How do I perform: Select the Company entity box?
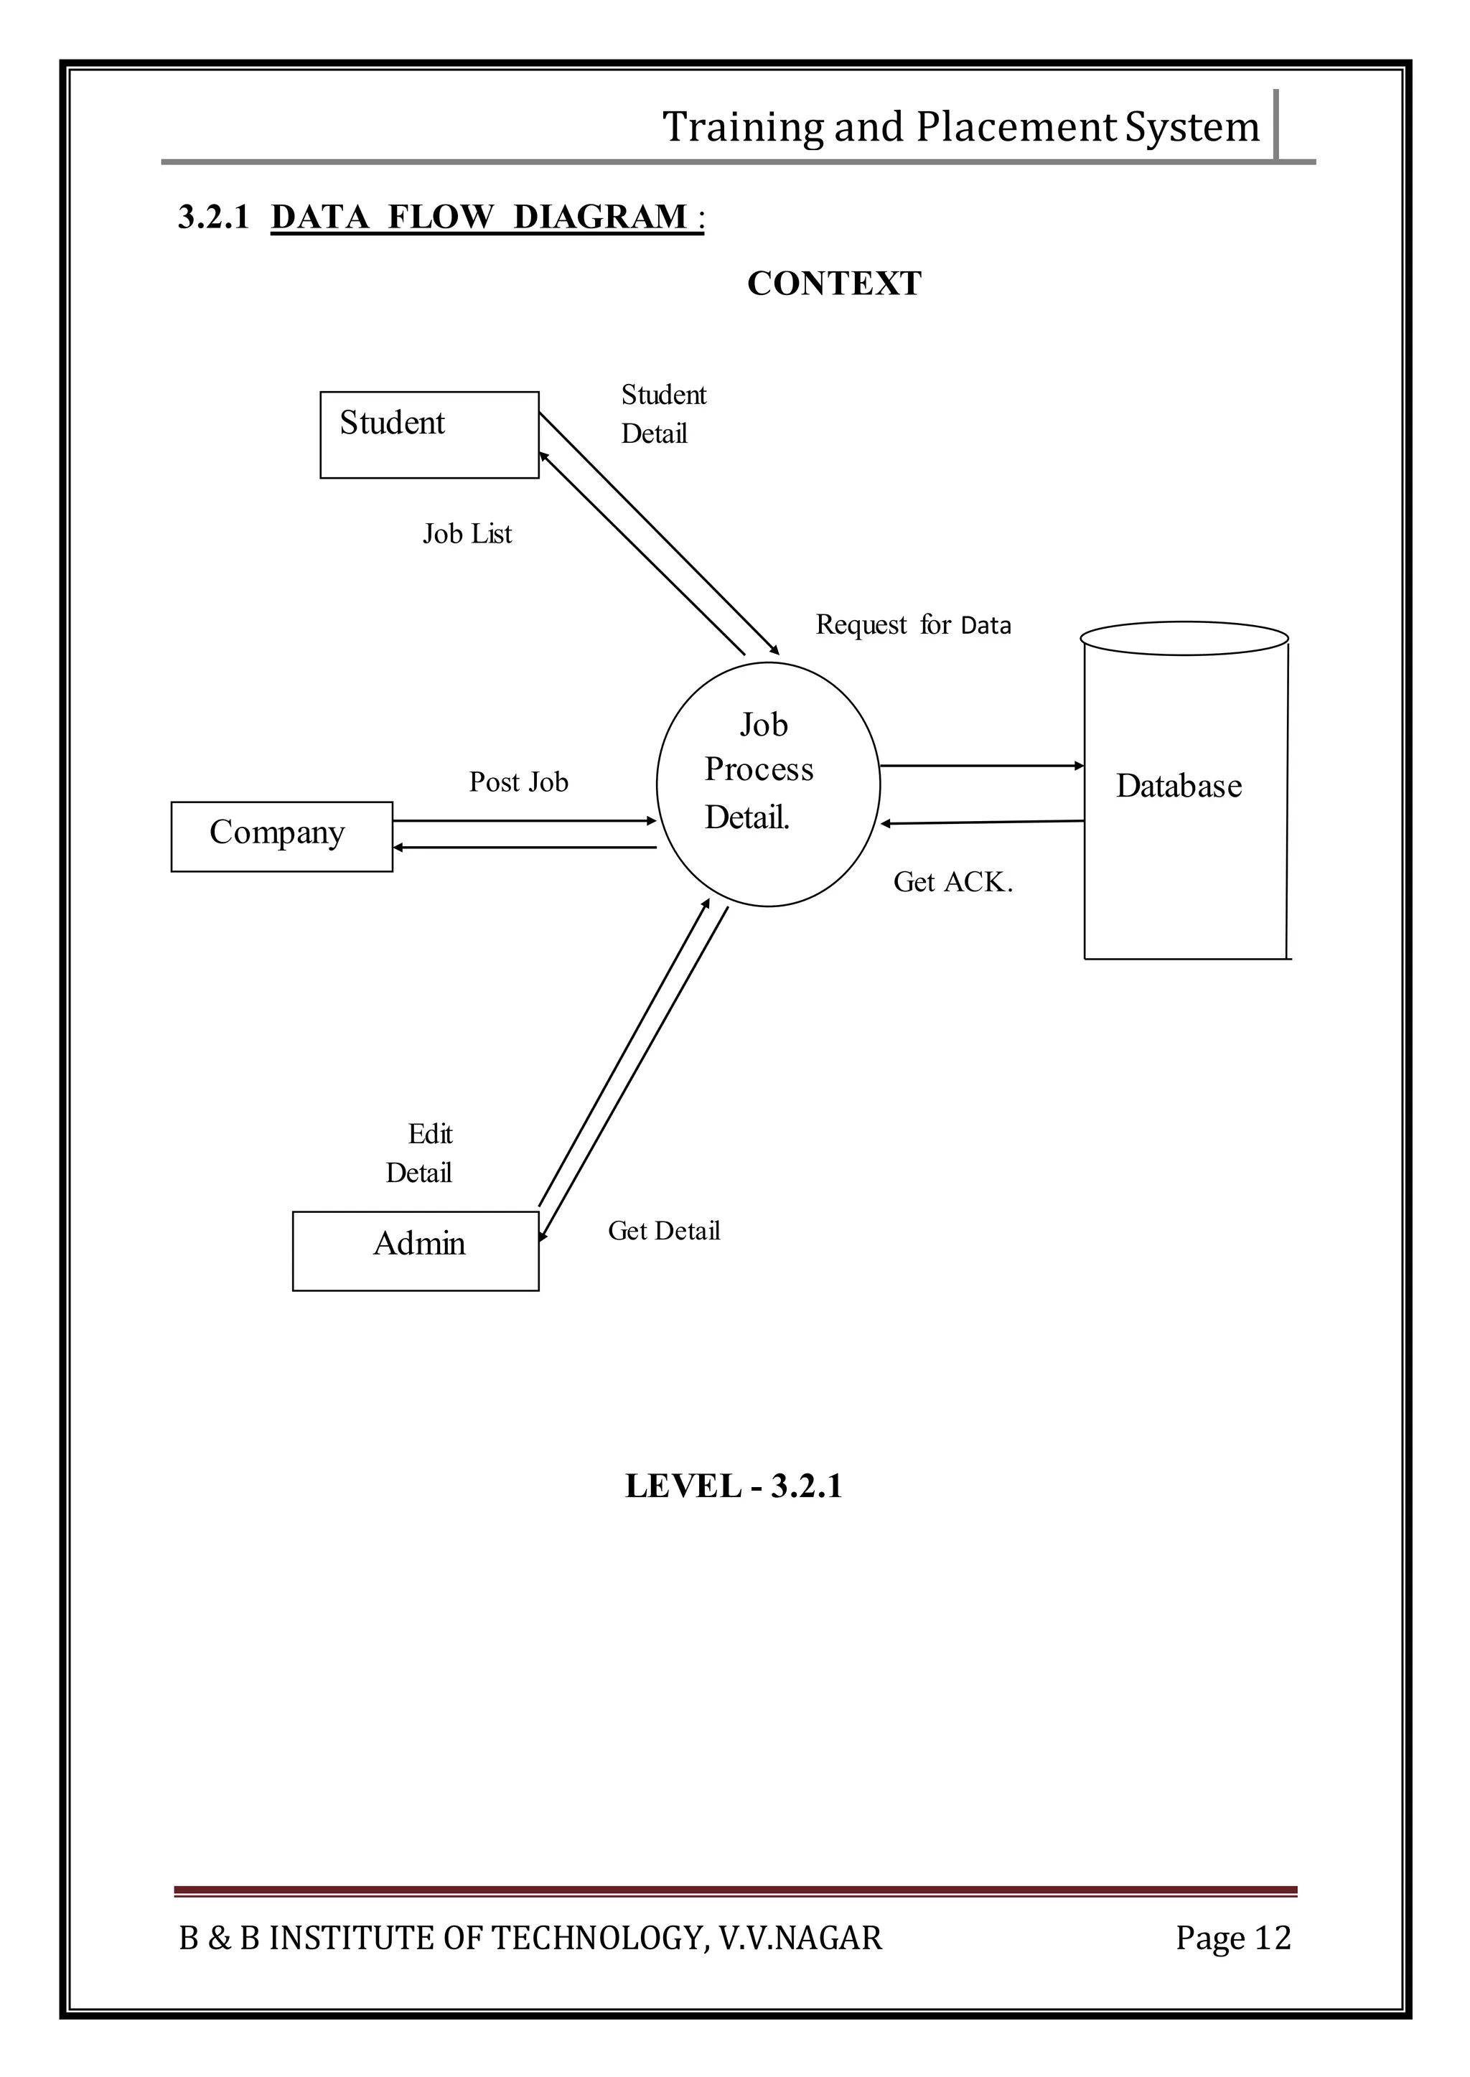click(x=281, y=836)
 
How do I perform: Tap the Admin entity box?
click(x=416, y=1251)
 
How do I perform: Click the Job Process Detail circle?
click(x=767, y=784)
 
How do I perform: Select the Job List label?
click(x=467, y=534)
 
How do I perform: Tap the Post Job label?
click(x=519, y=782)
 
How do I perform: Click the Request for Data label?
click(x=912, y=625)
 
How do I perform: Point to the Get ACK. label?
click(x=952, y=882)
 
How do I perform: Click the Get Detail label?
click(x=663, y=1231)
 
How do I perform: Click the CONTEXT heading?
click(x=833, y=284)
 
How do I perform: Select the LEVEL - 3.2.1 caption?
click(x=733, y=1486)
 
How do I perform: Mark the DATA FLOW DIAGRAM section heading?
click(x=487, y=217)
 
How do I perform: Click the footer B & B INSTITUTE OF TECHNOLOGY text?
click(x=530, y=1938)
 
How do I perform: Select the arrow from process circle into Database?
click(x=981, y=766)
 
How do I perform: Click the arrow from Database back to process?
click(x=981, y=822)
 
